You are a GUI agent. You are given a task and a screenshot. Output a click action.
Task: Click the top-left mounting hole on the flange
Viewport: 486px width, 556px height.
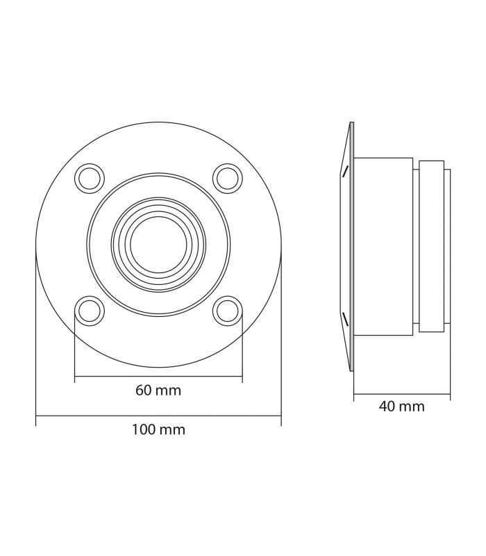90,178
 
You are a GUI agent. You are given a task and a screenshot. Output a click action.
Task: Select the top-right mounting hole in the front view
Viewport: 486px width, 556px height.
226,178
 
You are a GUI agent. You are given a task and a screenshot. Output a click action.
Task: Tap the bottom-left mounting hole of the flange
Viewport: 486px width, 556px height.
90,310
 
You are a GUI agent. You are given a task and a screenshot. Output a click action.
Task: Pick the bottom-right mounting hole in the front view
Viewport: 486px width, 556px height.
226,310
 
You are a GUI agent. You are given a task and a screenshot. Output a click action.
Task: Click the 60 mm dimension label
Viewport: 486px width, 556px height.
158,391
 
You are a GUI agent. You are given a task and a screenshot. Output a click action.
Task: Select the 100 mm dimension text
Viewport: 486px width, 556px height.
158,430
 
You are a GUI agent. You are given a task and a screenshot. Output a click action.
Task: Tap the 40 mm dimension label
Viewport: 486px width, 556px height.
401,407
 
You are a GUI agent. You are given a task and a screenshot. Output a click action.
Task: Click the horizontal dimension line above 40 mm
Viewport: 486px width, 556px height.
401,395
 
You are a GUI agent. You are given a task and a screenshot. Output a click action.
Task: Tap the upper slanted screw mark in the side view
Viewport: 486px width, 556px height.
343,170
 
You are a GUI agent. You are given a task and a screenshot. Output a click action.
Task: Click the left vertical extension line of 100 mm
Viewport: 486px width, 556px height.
36,334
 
